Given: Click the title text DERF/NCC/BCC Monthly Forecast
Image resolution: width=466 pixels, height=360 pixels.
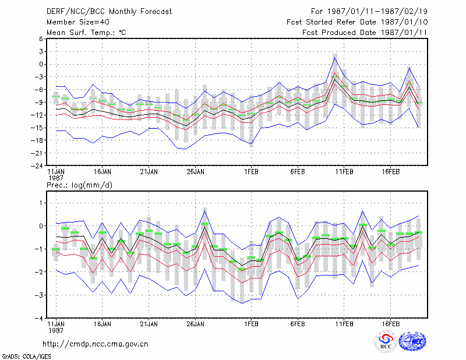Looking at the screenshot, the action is tap(109, 12).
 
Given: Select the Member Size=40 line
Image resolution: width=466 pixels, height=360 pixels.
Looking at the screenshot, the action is tap(78, 22).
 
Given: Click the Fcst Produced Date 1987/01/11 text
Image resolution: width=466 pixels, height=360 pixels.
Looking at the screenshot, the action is tap(365, 33).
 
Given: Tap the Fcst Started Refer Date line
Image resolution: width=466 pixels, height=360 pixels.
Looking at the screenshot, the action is tap(357, 22).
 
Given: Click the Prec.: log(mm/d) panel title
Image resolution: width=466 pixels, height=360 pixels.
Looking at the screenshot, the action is tap(79, 185).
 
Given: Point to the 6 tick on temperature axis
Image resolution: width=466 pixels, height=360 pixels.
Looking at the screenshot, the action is tap(41, 39).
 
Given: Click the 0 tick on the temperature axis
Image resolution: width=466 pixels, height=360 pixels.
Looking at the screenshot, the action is tap(41, 64).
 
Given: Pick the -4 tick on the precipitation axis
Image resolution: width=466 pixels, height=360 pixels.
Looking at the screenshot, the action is tap(39, 318).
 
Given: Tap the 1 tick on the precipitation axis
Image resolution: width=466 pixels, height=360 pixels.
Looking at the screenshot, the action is tap(41, 203).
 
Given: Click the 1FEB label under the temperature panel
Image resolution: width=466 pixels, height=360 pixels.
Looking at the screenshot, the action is tap(251, 172).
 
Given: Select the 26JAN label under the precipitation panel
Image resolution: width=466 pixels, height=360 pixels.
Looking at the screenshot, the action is tap(195, 324).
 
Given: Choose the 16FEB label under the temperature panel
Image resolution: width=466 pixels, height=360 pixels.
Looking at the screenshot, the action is tap(390, 172).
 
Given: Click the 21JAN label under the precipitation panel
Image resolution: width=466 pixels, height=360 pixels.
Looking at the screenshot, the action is tap(149, 324).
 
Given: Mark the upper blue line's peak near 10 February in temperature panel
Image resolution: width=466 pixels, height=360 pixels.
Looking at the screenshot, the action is tap(334, 57).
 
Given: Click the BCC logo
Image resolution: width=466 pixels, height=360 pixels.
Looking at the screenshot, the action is tap(386, 341).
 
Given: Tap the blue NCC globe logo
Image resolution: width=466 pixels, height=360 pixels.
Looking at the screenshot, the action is tap(412, 341).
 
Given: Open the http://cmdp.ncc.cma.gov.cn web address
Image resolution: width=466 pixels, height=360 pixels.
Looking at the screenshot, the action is tap(96, 344).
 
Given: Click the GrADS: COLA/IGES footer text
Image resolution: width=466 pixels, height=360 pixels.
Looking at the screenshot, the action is tap(26, 357).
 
